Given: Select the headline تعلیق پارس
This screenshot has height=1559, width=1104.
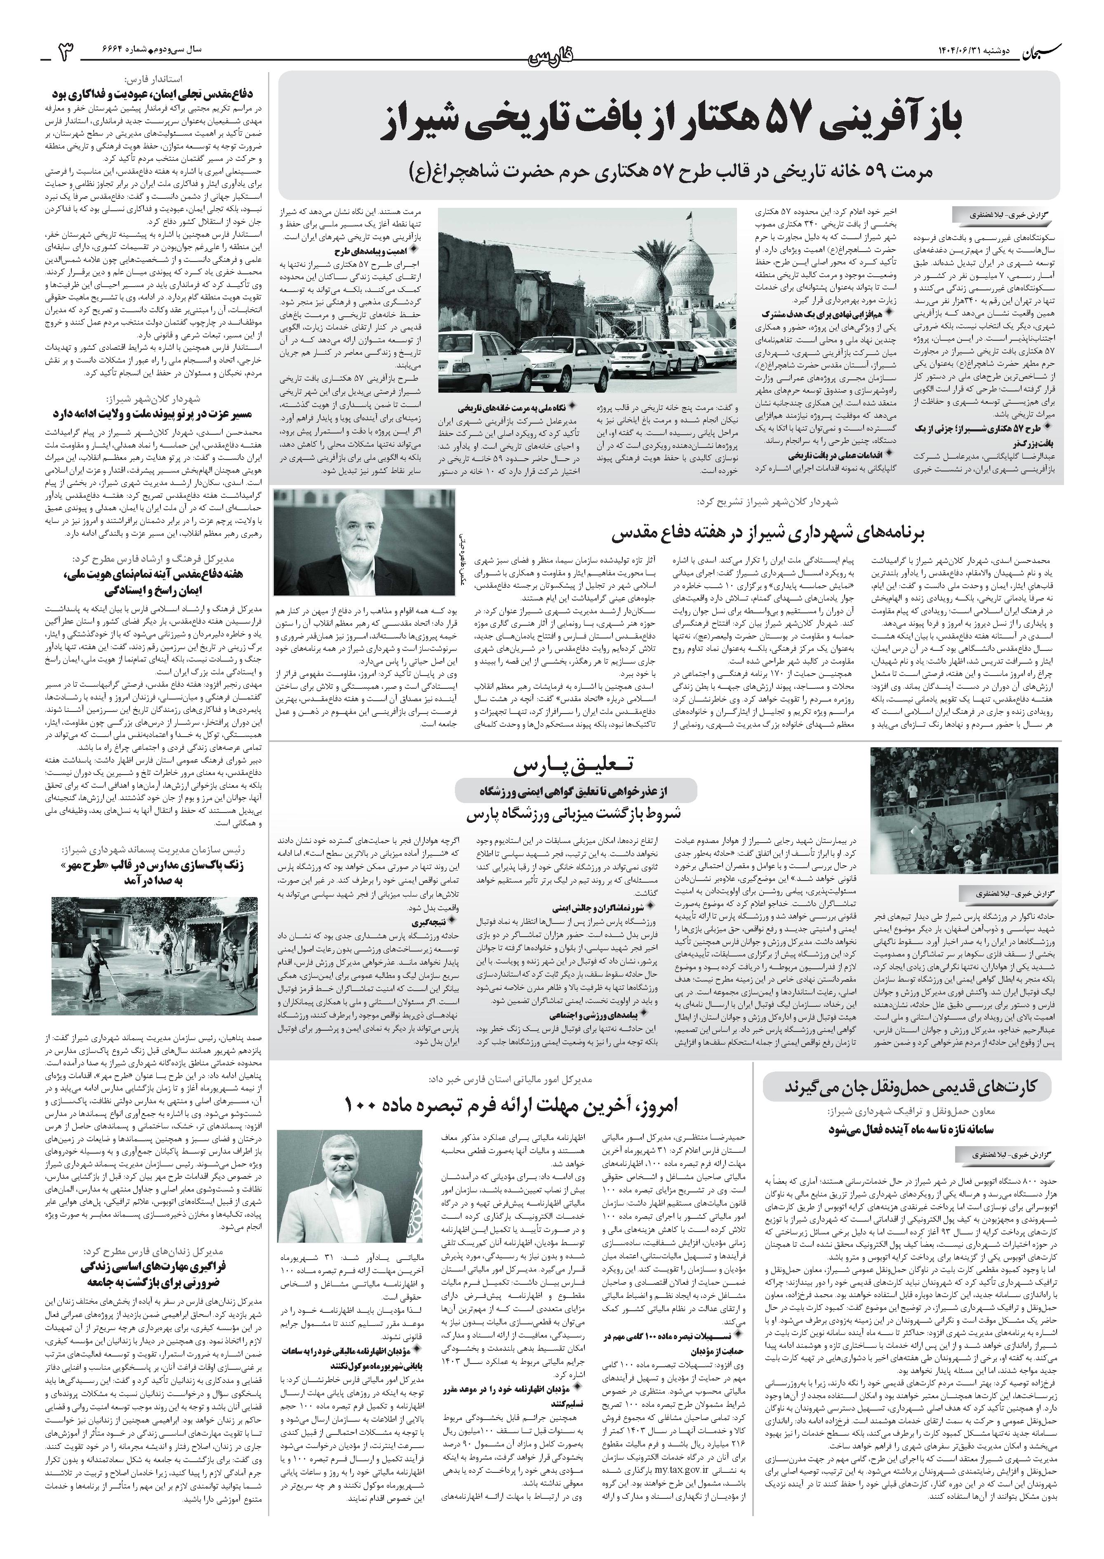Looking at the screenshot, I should (x=572, y=766).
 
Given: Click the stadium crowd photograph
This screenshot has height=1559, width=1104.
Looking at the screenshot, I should (x=964, y=809).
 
